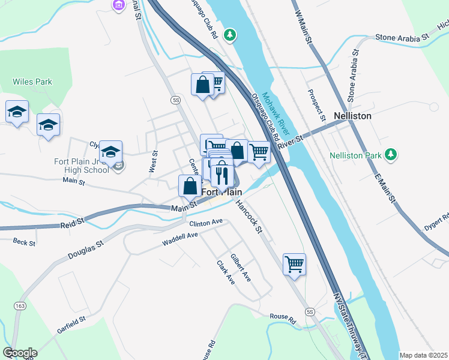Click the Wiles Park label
tap(32, 82)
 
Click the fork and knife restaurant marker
tap(221, 175)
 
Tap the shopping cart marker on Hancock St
tap(294, 264)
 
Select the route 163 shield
tap(21, 306)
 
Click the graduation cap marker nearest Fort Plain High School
tap(111, 152)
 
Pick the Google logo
tap(20, 353)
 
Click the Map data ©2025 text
tap(423, 355)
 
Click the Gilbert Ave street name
tap(240, 268)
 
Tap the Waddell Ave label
tap(179, 240)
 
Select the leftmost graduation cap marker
tap(17, 112)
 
